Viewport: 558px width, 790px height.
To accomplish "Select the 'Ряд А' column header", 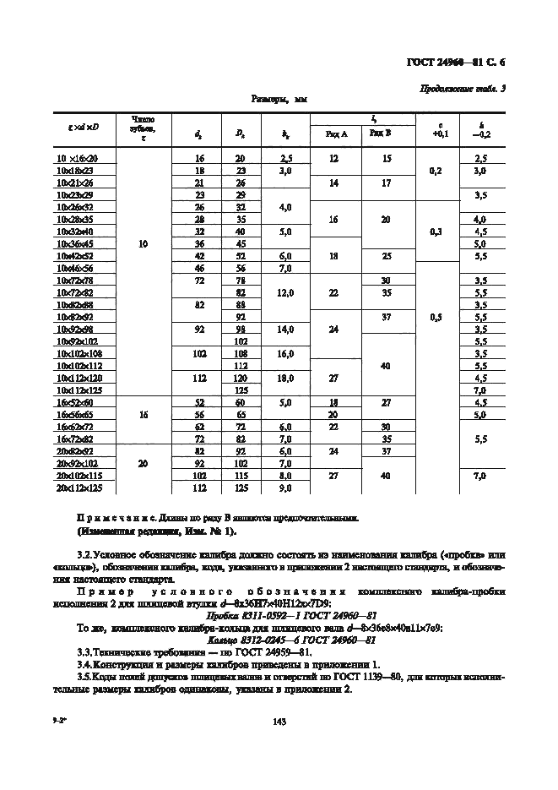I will [x=333, y=133].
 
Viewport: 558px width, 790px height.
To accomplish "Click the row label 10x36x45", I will [x=76, y=242].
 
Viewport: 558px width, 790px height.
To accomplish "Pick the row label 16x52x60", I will [x=76, y=403].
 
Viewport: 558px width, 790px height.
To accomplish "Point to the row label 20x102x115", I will [x=78, y=476].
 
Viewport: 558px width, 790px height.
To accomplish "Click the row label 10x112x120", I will [x=78, y=379].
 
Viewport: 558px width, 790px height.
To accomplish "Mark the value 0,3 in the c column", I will [x=436, y=230].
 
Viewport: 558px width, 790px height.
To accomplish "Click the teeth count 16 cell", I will [x=144, y=416].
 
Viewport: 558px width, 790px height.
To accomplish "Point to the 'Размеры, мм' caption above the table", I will [x=279, y=100].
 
